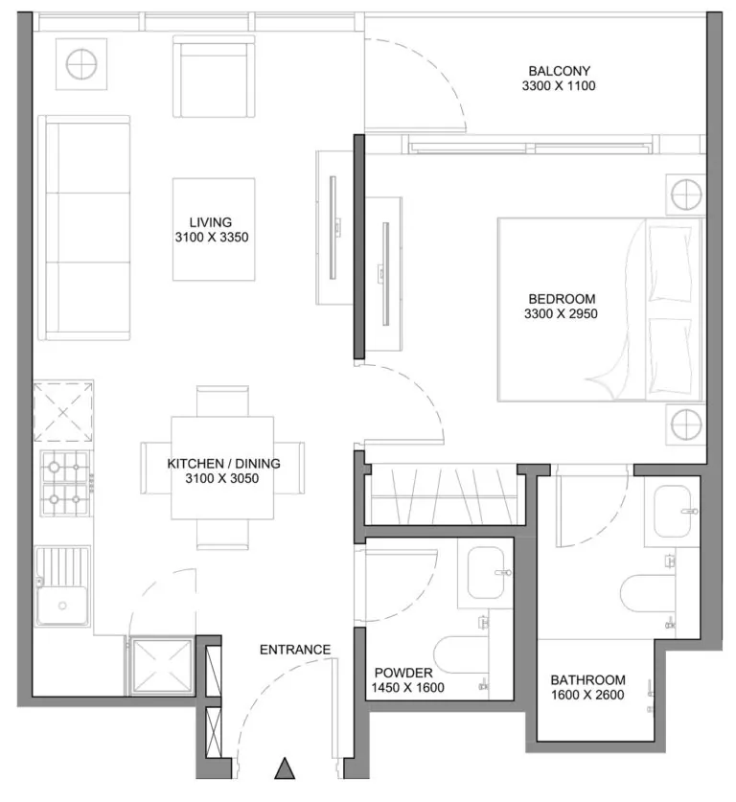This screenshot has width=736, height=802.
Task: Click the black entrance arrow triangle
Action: tap(285, 769)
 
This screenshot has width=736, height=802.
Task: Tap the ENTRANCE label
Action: tap(295, 650)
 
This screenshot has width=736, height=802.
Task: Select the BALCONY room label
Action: tap(559, 71)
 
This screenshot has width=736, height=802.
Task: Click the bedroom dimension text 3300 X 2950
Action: tap(561, 313)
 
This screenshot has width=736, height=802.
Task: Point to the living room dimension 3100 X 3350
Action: tap(212, 238)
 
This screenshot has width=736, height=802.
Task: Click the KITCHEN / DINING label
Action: tap(223, 464)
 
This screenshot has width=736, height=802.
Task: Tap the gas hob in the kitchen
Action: tap(64, 483)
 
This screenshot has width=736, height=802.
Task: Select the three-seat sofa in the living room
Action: tap(84, 228)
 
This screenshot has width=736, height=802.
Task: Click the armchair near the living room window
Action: tap(214, 77)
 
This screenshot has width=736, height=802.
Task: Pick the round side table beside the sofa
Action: tap(81, 64)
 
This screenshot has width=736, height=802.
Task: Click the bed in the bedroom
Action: tap(600, 309)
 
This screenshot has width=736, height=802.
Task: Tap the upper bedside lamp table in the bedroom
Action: tap(686, 195)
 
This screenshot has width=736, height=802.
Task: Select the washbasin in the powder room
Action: tap(486, 573)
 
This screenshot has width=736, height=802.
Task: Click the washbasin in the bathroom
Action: tap(673, 512)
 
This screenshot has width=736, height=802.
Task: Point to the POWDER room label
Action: tap(403, 673)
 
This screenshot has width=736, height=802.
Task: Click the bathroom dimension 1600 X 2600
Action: tap(587, 695)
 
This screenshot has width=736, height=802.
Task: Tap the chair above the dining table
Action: tap(222, 401)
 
